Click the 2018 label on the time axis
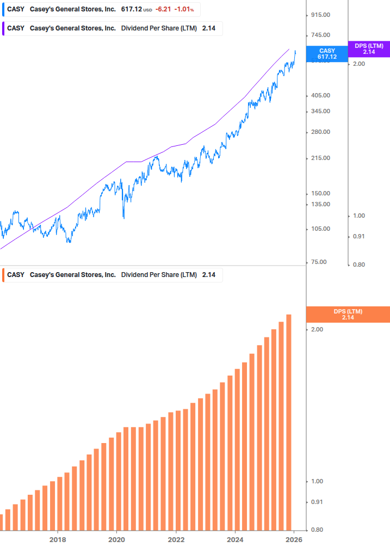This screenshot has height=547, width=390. pos(58,539)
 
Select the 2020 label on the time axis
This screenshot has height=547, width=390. pos(116,539)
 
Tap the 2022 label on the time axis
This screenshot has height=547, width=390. pos(176,539)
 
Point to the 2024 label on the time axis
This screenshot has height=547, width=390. pos(235,539)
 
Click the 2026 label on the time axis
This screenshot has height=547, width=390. pos(294,539)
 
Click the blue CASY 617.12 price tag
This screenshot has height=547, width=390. pos(327,53)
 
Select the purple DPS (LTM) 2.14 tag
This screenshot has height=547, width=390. pos(369,49)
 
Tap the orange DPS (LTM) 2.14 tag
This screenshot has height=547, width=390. pos(348,314)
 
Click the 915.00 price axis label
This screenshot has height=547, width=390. pos(319,15)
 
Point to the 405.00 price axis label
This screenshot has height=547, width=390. pos(319,95)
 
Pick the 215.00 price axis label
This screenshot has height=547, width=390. pos(319,158)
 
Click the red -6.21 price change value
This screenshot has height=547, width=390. pos(163,9)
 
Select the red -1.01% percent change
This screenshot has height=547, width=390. pos(184,9)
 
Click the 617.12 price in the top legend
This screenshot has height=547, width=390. pos(131,9)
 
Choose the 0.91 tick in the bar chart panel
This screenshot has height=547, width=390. pos(317,502)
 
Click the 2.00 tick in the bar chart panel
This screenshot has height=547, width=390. pos(317,330)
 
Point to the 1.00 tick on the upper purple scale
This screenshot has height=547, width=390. pos(359,216)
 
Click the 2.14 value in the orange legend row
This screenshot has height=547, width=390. pos(209,275)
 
